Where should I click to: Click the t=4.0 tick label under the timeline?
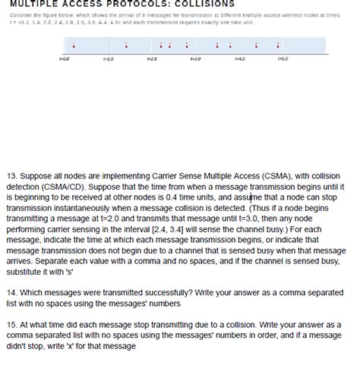tap(240, 58)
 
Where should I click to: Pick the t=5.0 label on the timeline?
tap(283, 58)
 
